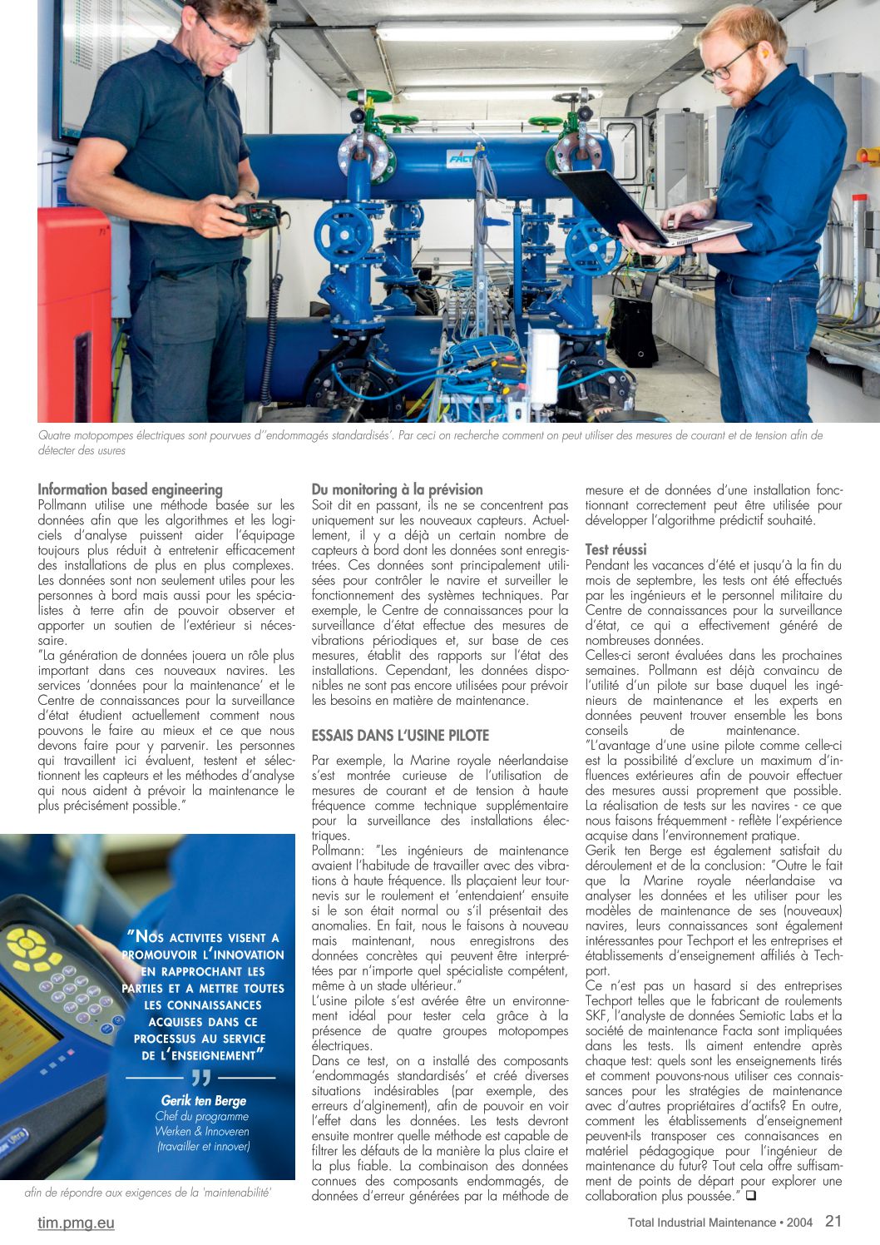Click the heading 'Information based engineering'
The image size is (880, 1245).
(x=130, y=489)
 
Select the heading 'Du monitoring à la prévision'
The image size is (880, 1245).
(x=397, y=489)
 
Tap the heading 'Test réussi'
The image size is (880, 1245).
(x=616, y=549)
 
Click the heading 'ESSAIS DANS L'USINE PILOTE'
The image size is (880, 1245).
(x=400, y=736)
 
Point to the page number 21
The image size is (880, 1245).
(x=833, y=1221)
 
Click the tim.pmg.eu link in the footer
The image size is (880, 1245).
(x=76, y=1223)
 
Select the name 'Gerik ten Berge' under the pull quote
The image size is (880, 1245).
(x=204, y=1100)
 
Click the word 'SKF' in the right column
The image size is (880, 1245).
(x=599, y=1015)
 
